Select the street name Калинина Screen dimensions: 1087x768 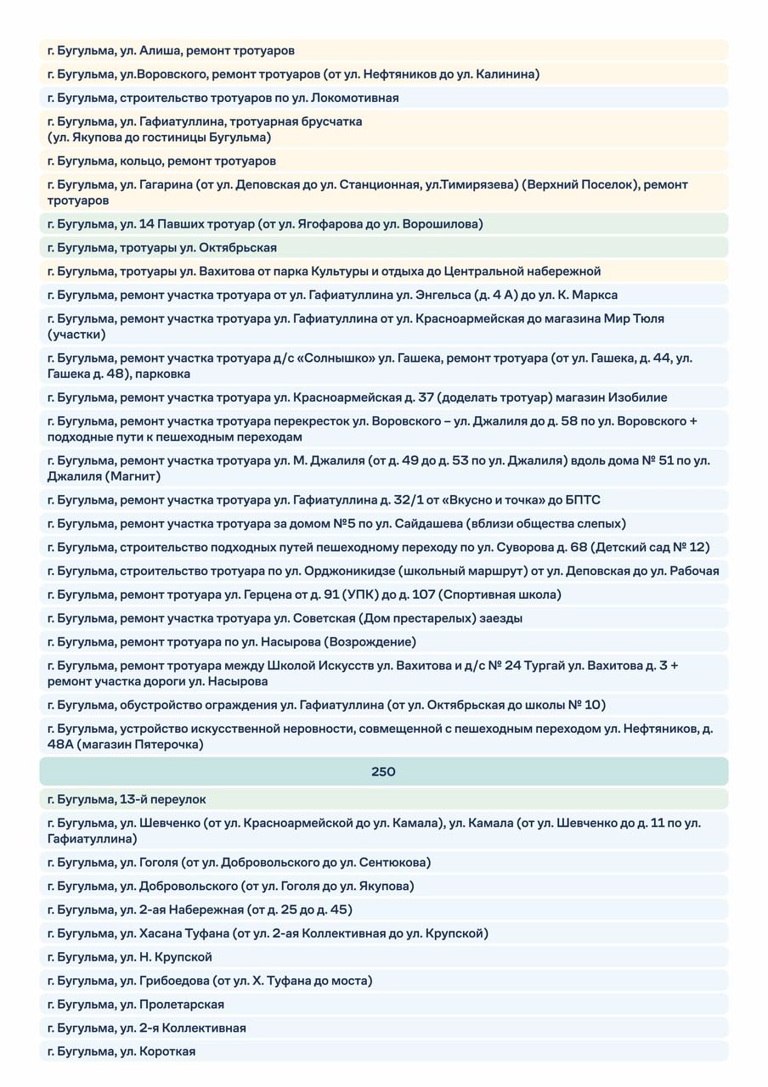pyautogui.click(x=511, y=75)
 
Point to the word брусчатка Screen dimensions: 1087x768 pyautogui.click(x=327, y=121)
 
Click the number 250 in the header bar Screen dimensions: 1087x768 pyautogui.click(x=383, y=772)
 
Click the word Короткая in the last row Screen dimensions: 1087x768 pyautogui.click(x=167, y=1051)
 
